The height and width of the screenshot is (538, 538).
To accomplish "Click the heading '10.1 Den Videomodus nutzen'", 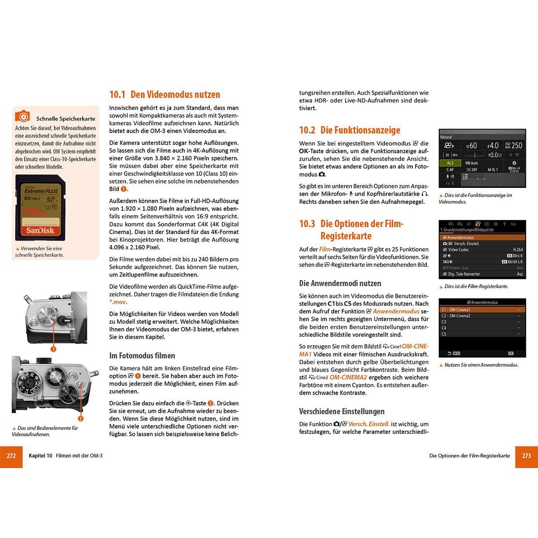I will coord(165,95).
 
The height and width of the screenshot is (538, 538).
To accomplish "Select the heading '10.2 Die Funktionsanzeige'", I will coord(349,130).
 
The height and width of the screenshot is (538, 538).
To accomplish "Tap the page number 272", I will coord(11,456).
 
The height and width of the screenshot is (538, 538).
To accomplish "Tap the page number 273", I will coord(526,456).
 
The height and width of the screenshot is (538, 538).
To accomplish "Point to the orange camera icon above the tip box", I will coord(22,117).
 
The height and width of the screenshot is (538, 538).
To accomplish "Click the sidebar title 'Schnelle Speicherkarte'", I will coord(65,119).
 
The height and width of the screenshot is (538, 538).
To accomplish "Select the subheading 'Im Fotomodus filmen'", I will coord(142,356).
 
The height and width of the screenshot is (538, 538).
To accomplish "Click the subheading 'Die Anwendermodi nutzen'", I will coord(340,283).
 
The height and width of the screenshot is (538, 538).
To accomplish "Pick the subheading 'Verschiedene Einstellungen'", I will coord(342,411).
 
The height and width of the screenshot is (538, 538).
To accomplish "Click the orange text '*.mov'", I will coord(117,302).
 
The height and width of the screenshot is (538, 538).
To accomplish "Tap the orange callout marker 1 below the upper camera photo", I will coord(53,349).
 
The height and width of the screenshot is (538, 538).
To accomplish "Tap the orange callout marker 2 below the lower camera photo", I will coord(81,419).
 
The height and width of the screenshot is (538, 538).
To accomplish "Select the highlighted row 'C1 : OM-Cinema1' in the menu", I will coord(482,310).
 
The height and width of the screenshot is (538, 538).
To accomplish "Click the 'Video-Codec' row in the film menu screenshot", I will coord(482,250).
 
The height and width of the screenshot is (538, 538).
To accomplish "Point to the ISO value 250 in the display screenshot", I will coord(514,145).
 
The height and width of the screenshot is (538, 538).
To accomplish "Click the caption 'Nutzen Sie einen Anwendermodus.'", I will coord(481,365).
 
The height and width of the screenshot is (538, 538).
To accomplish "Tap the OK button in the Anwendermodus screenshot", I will coord(511,353).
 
